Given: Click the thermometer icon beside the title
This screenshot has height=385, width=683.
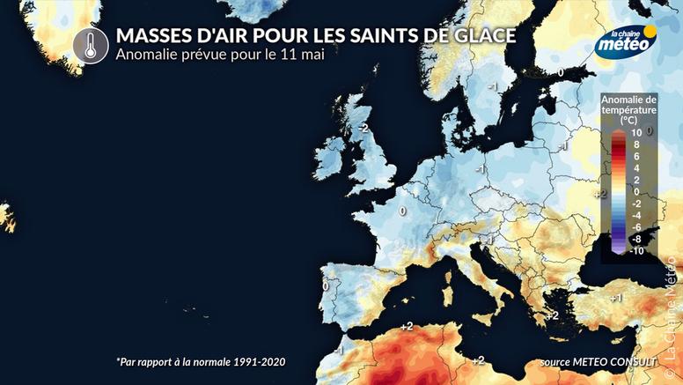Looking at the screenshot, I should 87,45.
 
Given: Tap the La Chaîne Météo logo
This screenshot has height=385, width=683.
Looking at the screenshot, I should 624,41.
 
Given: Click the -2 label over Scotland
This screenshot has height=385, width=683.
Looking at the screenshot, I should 361,128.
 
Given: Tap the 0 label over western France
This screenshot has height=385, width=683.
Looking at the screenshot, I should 402,211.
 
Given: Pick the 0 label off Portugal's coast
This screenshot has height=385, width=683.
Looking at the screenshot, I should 325,285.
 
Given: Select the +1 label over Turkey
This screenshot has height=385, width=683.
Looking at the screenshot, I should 616,298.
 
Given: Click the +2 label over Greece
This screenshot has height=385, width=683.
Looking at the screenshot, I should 553,315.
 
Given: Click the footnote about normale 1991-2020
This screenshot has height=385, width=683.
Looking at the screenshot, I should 201,362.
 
